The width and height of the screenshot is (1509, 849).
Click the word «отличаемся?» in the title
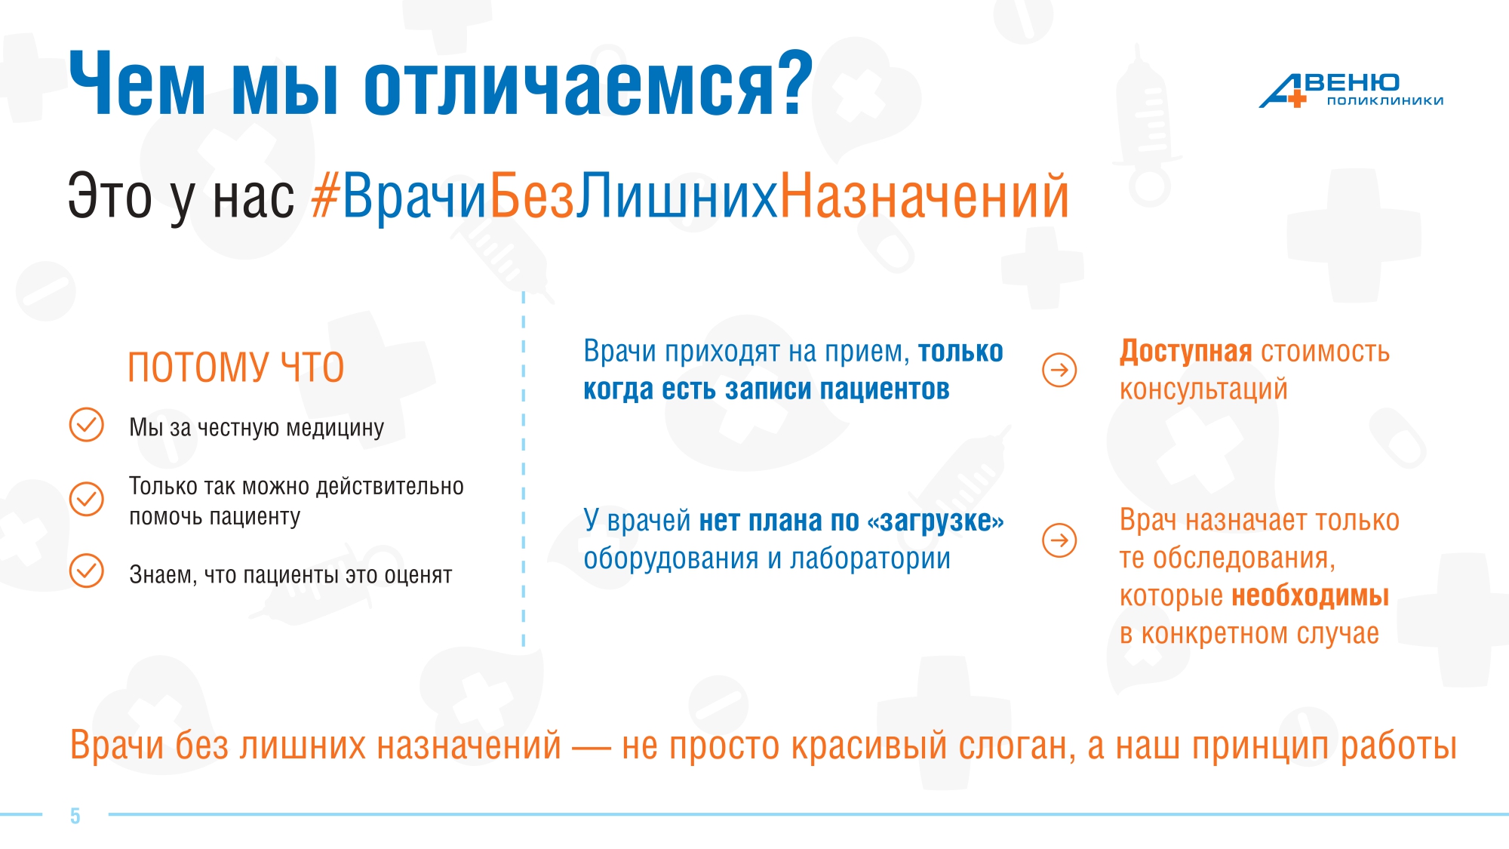(x=589, y=85)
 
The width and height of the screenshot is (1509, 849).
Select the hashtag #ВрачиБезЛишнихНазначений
(x=690, y=196)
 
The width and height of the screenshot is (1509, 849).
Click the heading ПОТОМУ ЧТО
(x=235, y=368)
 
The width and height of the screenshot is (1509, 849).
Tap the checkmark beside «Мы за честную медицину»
(x=87, y=425)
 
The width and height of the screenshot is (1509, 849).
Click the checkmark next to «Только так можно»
(x=87, y=499)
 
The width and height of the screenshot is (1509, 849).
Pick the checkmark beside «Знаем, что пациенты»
(x=87, y=571)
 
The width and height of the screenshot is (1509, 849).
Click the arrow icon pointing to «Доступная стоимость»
(x=1059, y=370)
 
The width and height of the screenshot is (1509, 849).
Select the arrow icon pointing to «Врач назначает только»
(x=1059, y=540)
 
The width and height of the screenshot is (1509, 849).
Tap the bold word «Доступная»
(x=1185, y=352)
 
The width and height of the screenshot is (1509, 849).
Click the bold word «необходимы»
(x=1310, y=596)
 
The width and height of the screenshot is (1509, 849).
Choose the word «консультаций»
(x=1203, y=390)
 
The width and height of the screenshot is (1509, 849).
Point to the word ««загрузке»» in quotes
(x=936, y=521)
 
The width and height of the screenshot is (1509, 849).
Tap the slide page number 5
(x=75, y=816)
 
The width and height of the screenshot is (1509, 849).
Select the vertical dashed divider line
(x=524, y=469)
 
